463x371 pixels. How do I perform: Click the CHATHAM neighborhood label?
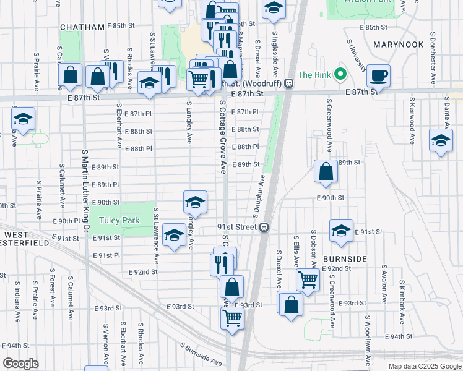[83, 27]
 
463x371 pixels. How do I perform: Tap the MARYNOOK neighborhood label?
[398, 45]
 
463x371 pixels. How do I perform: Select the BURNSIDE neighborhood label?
[346, 258]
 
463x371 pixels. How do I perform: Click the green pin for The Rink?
[340, 75]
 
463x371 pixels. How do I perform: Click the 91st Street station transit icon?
[264, 227]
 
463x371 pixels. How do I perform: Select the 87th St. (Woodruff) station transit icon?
[289, 83]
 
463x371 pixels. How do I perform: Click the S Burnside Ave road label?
[201, 354]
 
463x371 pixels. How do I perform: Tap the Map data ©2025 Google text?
[424, 366]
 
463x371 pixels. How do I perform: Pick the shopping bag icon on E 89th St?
[326, 171]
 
